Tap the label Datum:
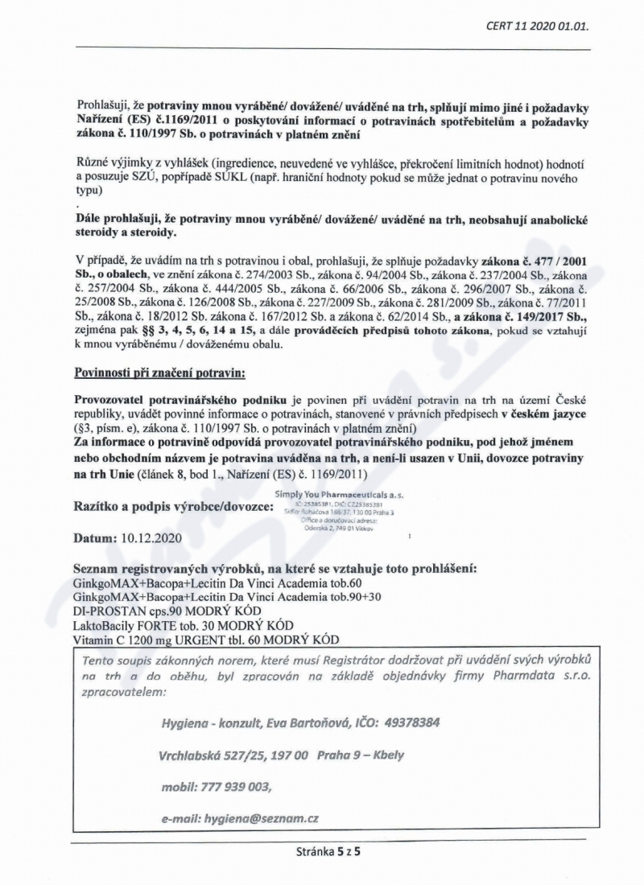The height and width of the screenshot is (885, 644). (97, 537)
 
